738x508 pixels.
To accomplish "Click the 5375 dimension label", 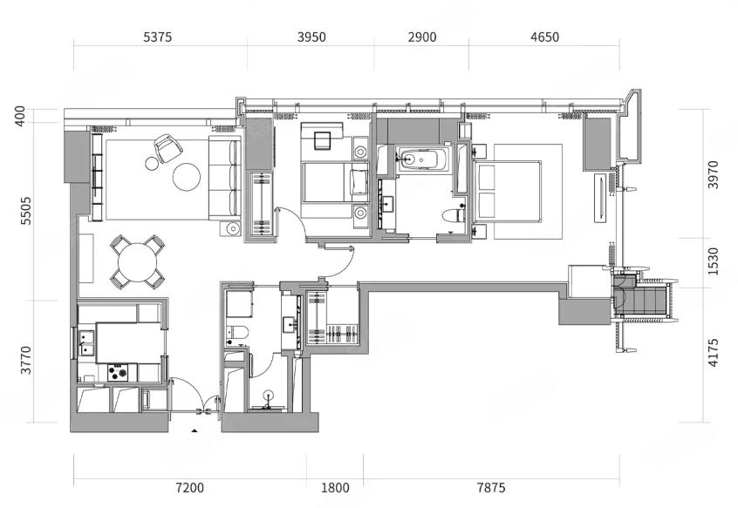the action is tap(158, 37).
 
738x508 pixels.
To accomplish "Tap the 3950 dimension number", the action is tap(311, 37).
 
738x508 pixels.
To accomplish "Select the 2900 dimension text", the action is tap(422, 37).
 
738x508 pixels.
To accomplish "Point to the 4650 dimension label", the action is tap(544, 37).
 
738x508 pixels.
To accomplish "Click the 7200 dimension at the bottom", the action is tap(189, 488).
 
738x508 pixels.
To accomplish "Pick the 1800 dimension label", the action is tap(335, 488).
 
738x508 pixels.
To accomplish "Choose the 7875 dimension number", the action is tap(491, 488).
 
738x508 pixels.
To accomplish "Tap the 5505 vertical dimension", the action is tap(26, 211).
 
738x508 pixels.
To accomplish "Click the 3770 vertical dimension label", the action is tap(26, 361).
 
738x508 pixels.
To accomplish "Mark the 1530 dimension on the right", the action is tap(714, 261).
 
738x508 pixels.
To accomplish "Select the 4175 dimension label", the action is tap(714, 352).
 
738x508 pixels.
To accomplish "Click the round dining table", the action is tap(138, 262).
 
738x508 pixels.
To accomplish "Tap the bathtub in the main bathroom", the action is tap(420, 159).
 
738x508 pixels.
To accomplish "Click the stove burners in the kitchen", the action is tap(118, 373).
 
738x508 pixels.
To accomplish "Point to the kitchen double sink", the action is tap(86, 343).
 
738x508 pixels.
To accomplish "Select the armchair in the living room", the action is tap(168, 147).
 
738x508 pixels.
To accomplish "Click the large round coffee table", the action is tap(187, 177).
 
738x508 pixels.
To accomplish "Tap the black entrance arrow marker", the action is tap(194, 430).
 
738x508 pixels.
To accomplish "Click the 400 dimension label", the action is tap(20, 116).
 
